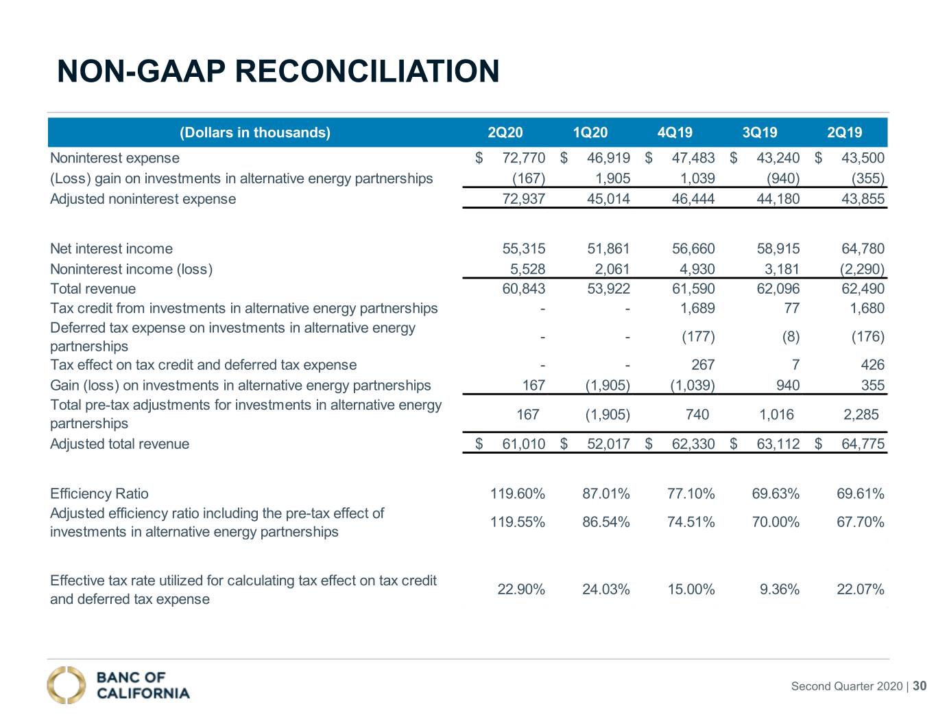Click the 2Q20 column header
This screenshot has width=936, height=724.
click(505, 132)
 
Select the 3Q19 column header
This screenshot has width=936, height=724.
click(759, 132)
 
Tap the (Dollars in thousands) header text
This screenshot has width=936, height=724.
click(255, 132)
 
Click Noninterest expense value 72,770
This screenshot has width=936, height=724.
click(523, 158)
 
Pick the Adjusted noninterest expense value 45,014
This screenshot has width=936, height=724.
click(608, 198)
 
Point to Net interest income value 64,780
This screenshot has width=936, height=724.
click(863, 248)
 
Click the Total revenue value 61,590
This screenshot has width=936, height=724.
click(693, 288)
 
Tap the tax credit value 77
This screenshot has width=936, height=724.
click(792, 308)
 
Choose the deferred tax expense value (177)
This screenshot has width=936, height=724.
click(698, 336)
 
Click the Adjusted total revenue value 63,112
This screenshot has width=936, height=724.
click(778, 443)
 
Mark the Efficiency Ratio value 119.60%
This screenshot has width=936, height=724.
click(517, 493)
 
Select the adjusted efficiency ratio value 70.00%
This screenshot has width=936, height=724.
click(776, 522)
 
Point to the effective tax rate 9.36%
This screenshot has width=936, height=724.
click(779, 589)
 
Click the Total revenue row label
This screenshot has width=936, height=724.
click(93, 288)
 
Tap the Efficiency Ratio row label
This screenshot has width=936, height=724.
click(99, 493)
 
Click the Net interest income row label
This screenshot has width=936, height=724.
click(111, 248)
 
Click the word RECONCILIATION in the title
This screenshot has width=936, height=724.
click(367, 71)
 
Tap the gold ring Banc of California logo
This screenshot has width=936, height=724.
click(66, 685)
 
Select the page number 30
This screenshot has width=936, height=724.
click(920, 686)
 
